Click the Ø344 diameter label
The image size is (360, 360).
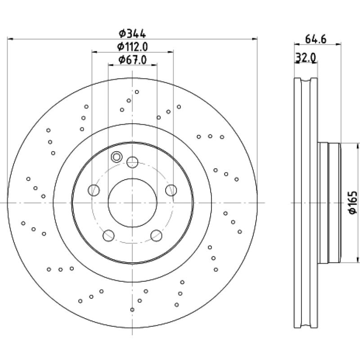tap(132, 34)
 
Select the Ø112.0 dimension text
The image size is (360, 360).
tap(132, 47)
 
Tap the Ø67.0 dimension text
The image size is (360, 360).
tap(132, 60)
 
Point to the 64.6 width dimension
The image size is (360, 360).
tap(315, 39)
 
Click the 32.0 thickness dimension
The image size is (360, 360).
tap(306, 58)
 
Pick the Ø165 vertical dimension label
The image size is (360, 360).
tap(353, 203)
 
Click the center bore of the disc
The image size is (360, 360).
tap(132, 203)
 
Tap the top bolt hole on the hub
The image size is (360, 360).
tap(132, 162)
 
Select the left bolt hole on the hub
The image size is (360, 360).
tap(94, 190)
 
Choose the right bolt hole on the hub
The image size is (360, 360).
tap(171, 190)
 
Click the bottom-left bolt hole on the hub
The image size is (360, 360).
tap(108, 235)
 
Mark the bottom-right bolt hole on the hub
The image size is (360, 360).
tap(156, 235)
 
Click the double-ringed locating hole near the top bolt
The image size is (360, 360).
tap(117, 157)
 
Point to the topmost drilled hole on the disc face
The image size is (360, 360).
tap(137, 92)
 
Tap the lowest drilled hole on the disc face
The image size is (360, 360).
tap(132, 310)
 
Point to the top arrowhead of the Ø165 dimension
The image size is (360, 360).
tap(358, 145)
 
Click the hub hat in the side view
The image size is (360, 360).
tap(329, 203)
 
